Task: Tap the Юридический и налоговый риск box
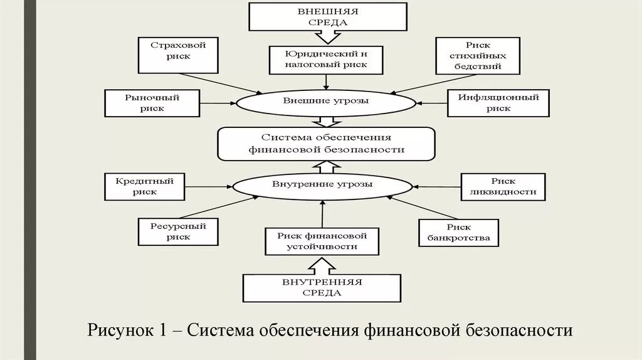point(326,60)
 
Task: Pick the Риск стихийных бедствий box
point(478,56)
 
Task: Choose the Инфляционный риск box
point(498,103)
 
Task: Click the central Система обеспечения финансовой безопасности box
point(326,144)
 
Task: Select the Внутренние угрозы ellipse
point(322,185)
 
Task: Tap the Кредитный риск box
point(144,187)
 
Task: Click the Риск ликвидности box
point(502,186)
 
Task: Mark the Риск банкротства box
point(458,233)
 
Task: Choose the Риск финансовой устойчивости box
point(322,241)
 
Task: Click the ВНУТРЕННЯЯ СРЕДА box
point(322,287)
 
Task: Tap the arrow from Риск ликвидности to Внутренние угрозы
point(437,186)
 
